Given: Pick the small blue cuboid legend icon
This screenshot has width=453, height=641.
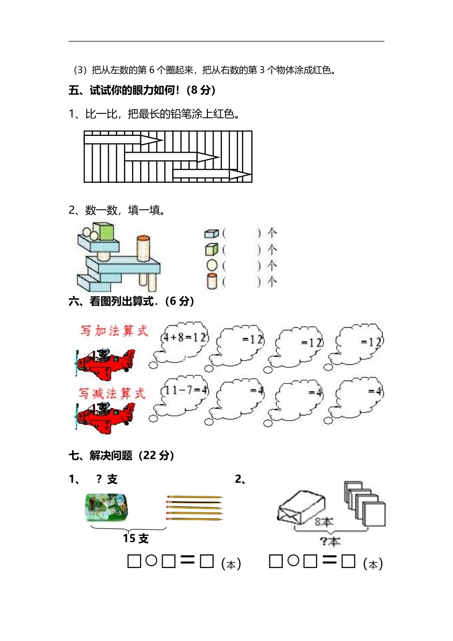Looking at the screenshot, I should point(211,233).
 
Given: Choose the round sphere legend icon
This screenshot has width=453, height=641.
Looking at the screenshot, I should point(212,265).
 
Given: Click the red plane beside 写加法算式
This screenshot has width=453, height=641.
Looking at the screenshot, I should point(106,362).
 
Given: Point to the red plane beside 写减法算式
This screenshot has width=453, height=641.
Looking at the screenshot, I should point(106,416).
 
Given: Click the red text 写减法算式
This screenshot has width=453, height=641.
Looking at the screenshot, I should point(112,393).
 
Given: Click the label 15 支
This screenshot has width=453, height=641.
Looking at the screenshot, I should point(135,538).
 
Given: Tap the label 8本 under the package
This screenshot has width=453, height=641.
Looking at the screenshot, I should point(323,522).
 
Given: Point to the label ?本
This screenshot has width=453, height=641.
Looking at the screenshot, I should point(329,541).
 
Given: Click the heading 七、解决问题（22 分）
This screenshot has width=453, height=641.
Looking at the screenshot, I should point(122,455).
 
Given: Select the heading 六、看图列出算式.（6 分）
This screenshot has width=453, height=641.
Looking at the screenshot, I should point(131,301).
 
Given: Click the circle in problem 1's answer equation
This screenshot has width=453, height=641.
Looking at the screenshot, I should point(151,561).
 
